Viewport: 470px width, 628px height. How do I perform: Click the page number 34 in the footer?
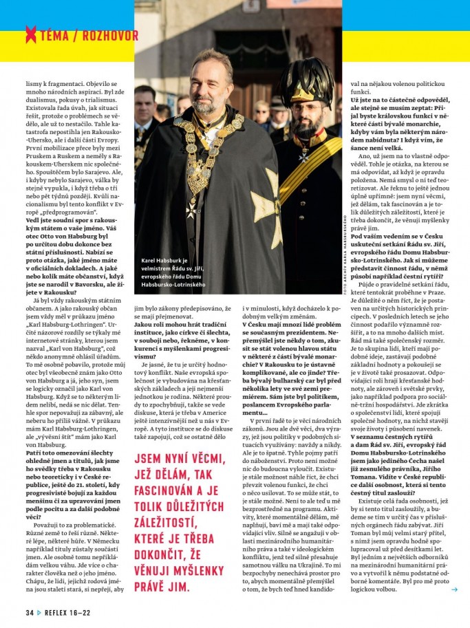(30, 612)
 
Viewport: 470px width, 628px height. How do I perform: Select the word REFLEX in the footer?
(59, 612)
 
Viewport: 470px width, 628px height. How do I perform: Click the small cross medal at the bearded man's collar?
(302, 156)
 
